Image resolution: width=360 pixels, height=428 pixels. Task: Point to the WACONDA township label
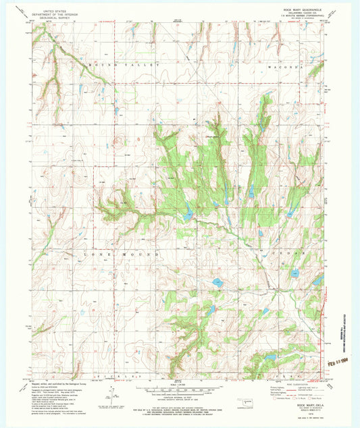291,64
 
